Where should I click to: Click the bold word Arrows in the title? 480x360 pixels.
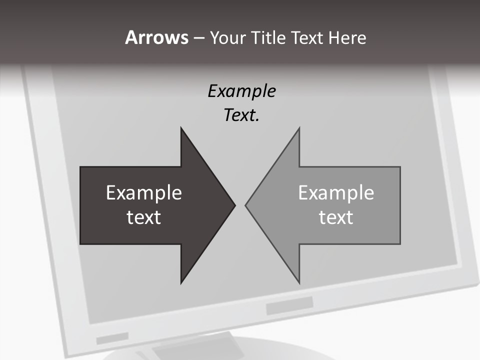(x=156, y=38)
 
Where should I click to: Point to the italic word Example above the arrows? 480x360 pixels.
(x=241, y=91)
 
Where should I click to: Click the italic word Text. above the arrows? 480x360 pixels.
(x=241, y=115)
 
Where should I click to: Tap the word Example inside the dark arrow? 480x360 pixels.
(x=144, y=193)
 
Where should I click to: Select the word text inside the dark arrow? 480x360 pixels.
(x=144, y=217)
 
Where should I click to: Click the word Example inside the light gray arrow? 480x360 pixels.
(x=336, y=193)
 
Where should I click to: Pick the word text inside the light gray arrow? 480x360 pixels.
(x=336, y=217)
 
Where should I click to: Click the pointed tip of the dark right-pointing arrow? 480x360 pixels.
(x=234, y=205)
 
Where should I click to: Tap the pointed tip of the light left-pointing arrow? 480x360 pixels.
(x=245, y=205)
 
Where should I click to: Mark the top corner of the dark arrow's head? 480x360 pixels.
(x=181, y=128)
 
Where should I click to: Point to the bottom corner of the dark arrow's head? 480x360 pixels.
(x=181, y=283)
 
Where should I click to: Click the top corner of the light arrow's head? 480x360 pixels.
(x=299, y=128)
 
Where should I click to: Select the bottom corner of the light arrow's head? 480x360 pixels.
(x=299, y=283)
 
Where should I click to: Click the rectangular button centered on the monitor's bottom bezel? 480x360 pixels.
(x=289, y=305)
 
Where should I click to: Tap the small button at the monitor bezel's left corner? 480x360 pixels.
(x=105, y=339)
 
